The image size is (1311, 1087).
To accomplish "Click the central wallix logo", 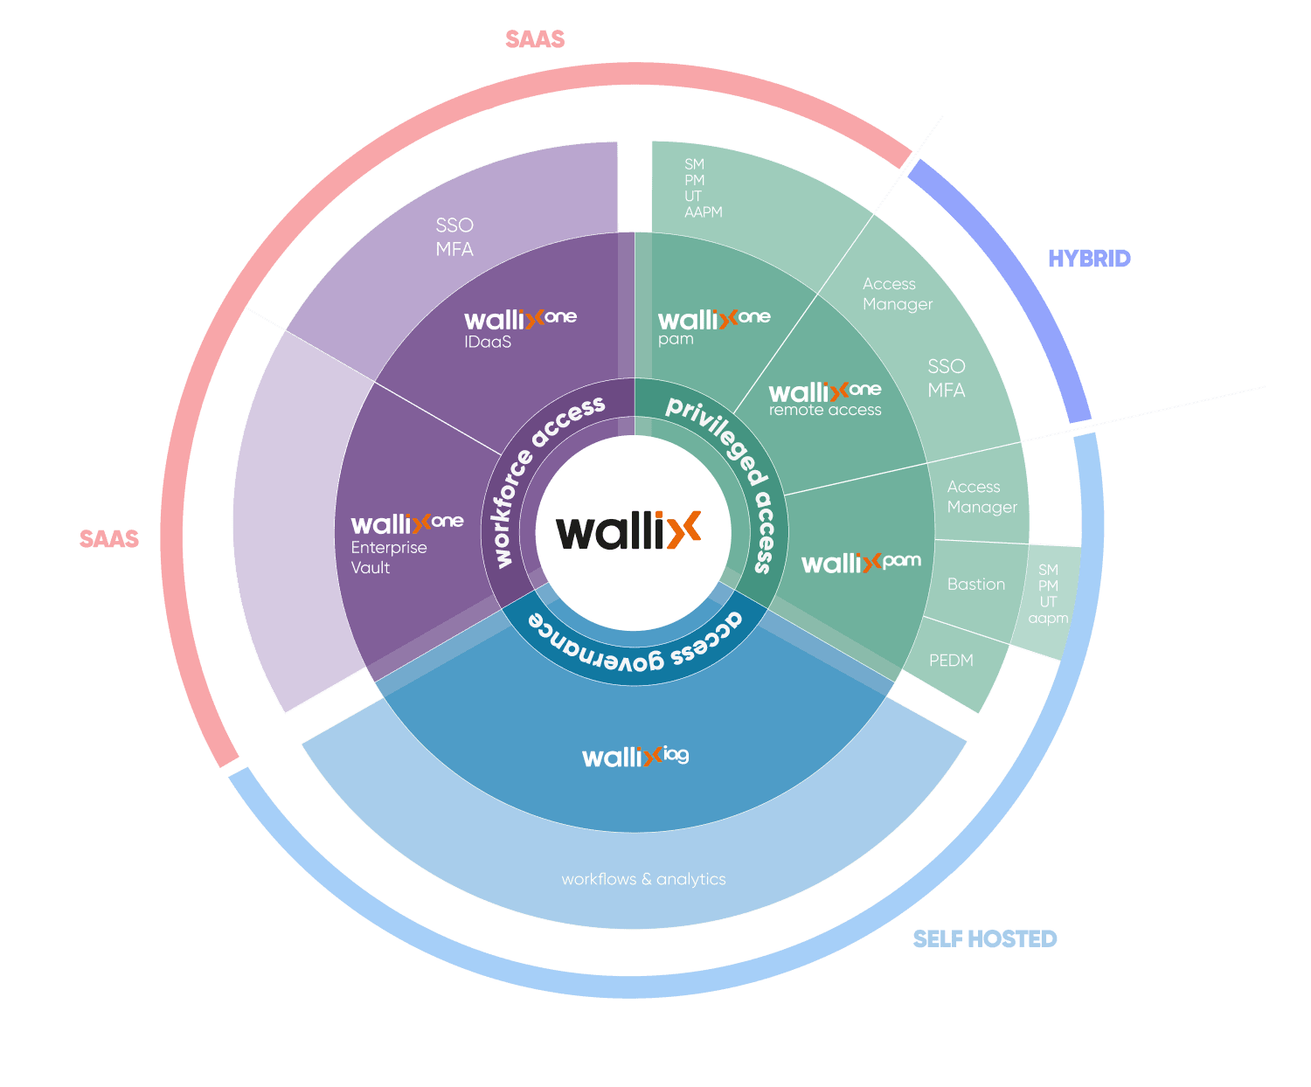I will pos(629,530).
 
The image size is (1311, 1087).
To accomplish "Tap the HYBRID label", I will pos(1089,259).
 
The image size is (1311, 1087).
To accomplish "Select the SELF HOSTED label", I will pos(985,938).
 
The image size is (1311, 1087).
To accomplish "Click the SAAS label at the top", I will pos(535,39).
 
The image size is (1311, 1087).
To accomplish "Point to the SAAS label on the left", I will pos(109,538).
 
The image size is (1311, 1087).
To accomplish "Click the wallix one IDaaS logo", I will pos(520,320).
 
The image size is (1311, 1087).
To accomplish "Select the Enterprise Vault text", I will pos(388,557).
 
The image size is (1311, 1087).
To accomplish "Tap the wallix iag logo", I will pos(635,756).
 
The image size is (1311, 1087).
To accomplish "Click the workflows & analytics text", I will pos(643,879).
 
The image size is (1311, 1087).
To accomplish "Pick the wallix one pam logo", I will pos(713,320).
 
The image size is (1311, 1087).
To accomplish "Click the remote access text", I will pos(825,410).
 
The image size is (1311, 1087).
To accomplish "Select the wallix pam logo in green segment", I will pos(861,563).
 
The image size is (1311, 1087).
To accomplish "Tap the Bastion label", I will pos(976,584).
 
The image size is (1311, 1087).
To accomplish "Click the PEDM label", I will pos(951,661).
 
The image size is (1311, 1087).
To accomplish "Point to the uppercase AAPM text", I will pos(704,212).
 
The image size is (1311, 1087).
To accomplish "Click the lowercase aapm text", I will pos(1048,618).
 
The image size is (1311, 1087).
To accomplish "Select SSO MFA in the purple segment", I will pos(454,237).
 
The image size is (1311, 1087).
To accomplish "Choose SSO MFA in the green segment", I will pos(947,377).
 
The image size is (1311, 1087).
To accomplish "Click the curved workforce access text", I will pos(542,476).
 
